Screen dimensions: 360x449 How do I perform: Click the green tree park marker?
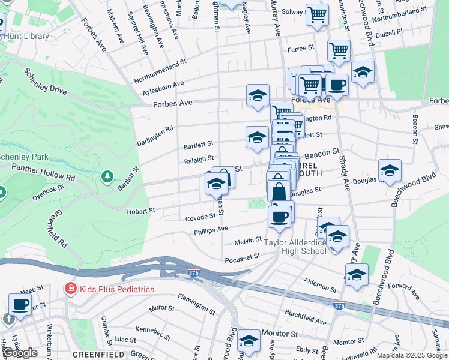(x=107, y=176)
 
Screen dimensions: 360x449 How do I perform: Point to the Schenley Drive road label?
(x=46, y=82)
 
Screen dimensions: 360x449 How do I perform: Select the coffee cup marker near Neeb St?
(x=20, y=304)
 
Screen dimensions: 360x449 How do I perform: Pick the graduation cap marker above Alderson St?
(x=357, y=275)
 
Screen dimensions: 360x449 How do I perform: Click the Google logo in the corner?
(x=20, y=353)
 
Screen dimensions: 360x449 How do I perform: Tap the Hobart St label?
(x=141, y=211)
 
